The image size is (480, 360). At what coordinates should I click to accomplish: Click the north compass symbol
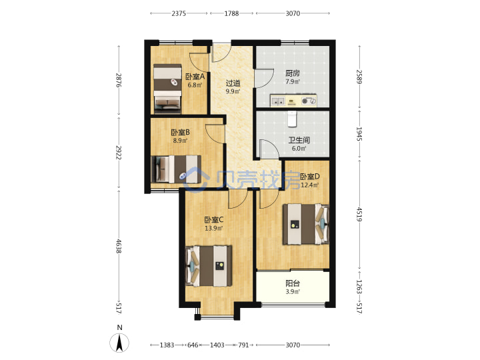pyautogui.click(x=119, y=342)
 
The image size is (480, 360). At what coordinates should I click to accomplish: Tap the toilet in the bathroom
pyautogui.click(x=293, y=119)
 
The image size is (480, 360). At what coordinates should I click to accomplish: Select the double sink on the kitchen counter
pyautogui.click(x=278, y=101)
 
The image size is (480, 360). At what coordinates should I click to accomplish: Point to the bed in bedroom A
pyautogui.click(x=167, y=88)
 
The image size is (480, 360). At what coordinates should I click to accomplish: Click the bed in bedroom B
pyautogui.click(x=176, y=169)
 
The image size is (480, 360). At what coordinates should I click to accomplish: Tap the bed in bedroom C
pyautogui.click(x=209, y=266)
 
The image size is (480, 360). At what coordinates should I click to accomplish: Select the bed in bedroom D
pyautogui.click(x=306, y=225)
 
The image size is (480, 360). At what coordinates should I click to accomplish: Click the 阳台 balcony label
pyautogui.click(x=293, y=283)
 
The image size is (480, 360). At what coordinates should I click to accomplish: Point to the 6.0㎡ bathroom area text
pyautogui.click(x=299, y=149)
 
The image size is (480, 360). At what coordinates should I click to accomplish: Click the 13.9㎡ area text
pyautogui.click(x=214, y=228)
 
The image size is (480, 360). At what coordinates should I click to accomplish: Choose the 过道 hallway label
pyautogui.click(x=233, y=83)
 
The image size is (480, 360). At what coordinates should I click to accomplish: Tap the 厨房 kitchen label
pyautogui.click(x=293, y=73)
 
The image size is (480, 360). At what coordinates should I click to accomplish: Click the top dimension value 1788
pyautogui.click(x=231, y=13)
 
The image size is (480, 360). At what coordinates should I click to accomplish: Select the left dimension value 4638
pyautogui.click(x=119, y=246)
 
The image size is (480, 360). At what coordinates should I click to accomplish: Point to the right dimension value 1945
pyautogui.click(x=359, y=134)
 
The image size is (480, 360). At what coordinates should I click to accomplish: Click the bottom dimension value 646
pyautogui.click(x=193, y=345)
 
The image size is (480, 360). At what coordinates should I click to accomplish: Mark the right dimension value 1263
pyautogui.click(x=359, y=287)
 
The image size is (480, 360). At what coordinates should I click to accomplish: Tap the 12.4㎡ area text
pyautogui.click(x=310, y=185)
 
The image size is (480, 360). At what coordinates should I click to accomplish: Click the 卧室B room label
pyautogui.click(x=180, y=132)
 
